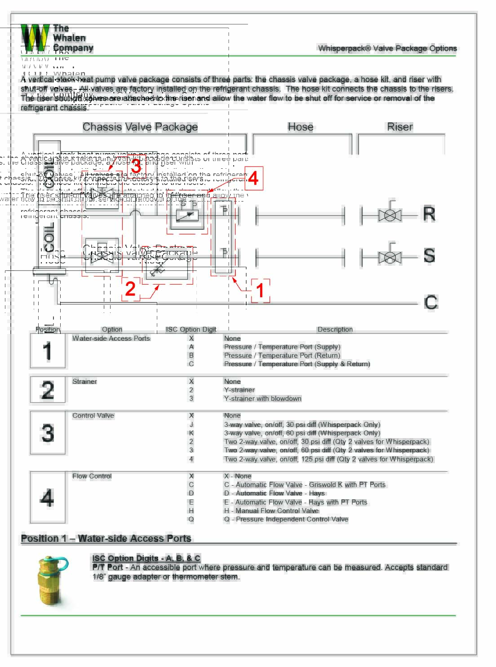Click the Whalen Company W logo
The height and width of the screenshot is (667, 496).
35,38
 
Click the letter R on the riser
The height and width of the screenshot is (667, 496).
429,214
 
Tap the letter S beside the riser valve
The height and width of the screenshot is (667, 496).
429,256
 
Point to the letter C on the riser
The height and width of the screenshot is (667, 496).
430,303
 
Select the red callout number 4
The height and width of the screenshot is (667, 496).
253,179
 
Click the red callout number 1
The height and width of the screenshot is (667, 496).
260,290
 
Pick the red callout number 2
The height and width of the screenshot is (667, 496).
130,289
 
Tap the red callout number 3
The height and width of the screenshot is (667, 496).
136,167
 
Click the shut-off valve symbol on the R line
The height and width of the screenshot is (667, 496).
390,215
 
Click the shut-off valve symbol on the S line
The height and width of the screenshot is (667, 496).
390,257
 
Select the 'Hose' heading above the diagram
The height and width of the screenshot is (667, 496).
301,127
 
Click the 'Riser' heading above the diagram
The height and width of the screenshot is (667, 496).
400,127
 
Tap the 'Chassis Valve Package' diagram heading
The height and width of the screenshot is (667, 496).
140,127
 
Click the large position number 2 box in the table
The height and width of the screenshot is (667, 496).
48,390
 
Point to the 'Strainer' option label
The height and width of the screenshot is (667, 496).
84,382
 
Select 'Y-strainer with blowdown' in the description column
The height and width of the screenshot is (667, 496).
262,399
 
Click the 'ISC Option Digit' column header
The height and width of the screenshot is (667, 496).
191,329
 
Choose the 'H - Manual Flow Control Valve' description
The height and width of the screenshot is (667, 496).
271,511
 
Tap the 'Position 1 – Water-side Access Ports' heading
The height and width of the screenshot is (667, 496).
106,538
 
